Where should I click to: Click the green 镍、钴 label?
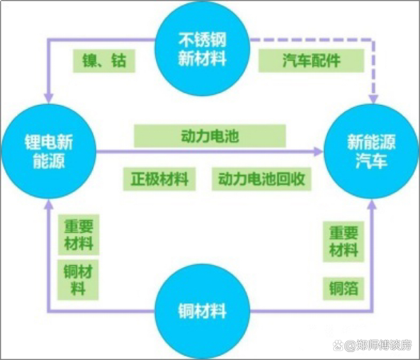(104, 62)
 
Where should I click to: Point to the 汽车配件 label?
(310, 62)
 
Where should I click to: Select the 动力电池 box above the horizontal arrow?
(209, 136)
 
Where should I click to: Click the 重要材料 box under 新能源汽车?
(344, 241)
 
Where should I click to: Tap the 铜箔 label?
(344, 289)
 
